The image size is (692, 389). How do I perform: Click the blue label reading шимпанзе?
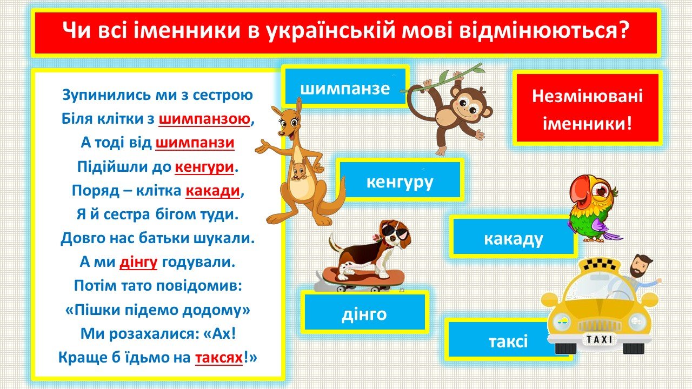(345, 86)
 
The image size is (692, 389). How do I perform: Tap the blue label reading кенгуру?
(400, 180)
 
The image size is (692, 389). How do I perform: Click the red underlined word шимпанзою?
(204, 118)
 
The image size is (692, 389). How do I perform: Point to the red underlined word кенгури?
(204, 167)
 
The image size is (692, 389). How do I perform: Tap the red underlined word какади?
(212, 191)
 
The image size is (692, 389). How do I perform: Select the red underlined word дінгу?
(138, 262)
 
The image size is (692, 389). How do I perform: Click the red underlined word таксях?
(219, 358)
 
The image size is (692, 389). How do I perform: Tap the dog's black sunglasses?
(396, 231)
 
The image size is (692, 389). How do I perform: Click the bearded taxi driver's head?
(641, 266)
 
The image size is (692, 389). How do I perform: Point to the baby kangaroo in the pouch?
(298, 170)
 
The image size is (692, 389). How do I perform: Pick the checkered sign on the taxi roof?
(600, 265)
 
